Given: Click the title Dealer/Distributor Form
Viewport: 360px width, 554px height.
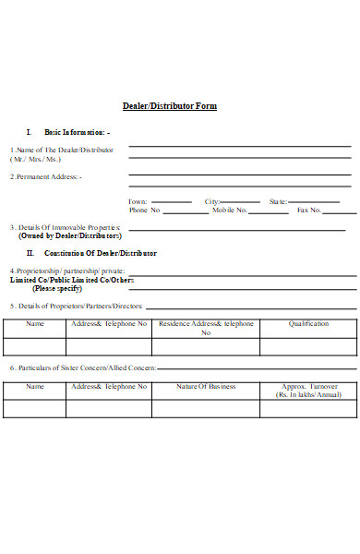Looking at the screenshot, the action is pos(171,106).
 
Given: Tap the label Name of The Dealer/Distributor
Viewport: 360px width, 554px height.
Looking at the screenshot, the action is pos(62,150).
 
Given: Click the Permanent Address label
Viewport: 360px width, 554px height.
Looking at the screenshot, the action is pos(46,176).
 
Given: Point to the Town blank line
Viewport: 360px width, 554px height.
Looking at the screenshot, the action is pos(171,200).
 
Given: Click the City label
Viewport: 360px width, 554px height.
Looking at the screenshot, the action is pos(212,200).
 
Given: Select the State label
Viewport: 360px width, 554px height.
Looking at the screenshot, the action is pos(278,200).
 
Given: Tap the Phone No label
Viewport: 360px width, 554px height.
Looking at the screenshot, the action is pos(144,210).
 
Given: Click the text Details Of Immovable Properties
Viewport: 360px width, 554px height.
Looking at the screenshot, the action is pos(66,226).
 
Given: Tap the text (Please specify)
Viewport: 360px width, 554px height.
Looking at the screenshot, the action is pos(57,288).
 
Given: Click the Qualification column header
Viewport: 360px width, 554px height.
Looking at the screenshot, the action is pos(308,324).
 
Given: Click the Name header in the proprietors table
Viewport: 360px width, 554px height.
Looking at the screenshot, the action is pos(34,324).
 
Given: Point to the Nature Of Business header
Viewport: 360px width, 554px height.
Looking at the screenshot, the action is pos(206,386).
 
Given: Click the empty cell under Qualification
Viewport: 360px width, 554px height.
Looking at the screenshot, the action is pos(308,346).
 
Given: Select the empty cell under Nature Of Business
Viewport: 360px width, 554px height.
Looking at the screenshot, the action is pos(206,408).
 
